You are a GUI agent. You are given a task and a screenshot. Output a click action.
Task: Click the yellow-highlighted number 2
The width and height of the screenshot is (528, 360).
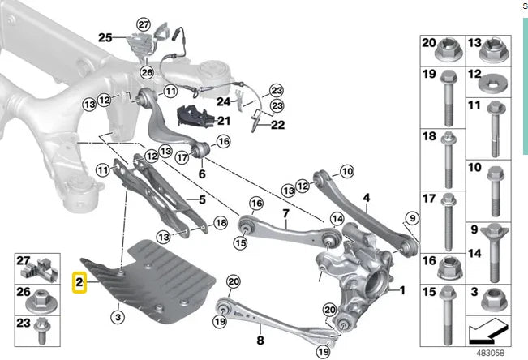pos(79,282)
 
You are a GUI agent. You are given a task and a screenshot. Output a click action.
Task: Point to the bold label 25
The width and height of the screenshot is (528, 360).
pos(105,37)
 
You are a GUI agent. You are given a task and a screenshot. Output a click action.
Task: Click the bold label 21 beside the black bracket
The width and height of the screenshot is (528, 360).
pos(224,121)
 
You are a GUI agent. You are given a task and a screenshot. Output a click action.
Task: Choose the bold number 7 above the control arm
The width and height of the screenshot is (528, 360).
pos(285,214)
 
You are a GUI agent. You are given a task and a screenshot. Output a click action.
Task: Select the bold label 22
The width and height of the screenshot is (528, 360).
pos(278,125)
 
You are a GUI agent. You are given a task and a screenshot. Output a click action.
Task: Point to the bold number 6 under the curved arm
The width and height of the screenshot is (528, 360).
pos(202,173)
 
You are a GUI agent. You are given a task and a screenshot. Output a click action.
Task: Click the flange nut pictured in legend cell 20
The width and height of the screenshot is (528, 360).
pos(446,54)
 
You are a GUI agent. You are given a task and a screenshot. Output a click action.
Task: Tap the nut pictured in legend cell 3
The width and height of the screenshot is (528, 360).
pos(491,301)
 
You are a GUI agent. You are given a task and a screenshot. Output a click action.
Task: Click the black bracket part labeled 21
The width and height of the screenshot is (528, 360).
pos(195,114)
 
